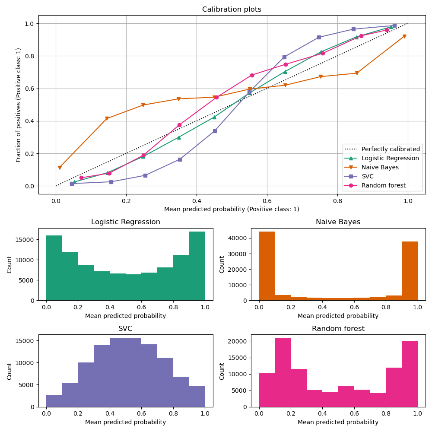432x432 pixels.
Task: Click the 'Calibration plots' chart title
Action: click(232, 10)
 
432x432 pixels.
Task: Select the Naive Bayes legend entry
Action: click(380, 167)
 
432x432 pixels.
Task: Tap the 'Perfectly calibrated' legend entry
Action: click(390, 149)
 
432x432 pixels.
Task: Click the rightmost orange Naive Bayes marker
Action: click(404, 36)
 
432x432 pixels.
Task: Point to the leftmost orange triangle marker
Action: click(60, 168)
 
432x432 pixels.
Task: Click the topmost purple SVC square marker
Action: click(394, 25)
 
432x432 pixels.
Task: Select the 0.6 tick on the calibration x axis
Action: click(267, 201)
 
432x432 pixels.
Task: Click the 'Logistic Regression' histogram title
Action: click(125, 222)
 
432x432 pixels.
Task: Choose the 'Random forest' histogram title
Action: click(338, 329)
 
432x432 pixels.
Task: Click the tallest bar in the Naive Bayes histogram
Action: click(267, 266)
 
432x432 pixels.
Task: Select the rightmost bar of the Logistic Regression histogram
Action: click(197, 266)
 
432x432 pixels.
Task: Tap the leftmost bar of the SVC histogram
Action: click(54, 401)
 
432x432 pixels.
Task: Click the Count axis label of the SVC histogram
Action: click(10, 371)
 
